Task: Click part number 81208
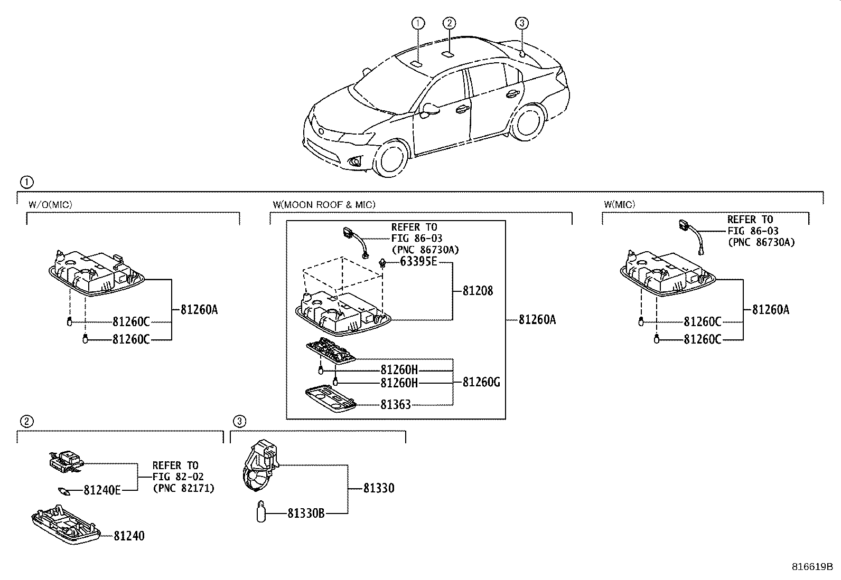[x=478, y=291]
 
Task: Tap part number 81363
[x=395, y=405]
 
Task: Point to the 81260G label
[x=481, y=382]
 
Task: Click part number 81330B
[x=306, y=512]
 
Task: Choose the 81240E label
[x=102, y=490]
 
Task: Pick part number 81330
[x=379, y=488]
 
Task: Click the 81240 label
[x=129, y=536]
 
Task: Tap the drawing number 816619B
[x=812, y=567]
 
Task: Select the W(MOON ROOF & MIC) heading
[x=324, y=204]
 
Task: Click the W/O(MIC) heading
[x=51, y=204]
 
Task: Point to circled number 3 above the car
[x=521, y=23]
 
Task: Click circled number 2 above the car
[x=449, y=23]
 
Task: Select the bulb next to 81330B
[x=260, y=512]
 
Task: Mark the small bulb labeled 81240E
[x=66, y=491]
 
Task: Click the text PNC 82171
[x=183, y=489]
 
